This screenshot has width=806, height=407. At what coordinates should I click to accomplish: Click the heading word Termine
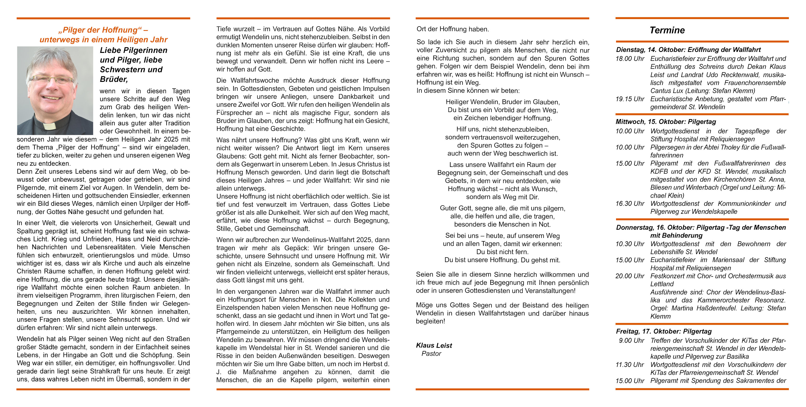(x=667, y=30)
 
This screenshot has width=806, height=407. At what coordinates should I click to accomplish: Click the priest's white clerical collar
(x=49, y=126)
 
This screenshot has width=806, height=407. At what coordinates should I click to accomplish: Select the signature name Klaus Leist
(x=434, y=345)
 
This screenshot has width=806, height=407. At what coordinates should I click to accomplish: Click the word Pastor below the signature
(x=431, y=353)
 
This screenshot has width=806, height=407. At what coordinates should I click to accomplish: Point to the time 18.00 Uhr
(x=630, y=58)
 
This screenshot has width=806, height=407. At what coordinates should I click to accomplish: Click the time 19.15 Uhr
(x=630, y=99)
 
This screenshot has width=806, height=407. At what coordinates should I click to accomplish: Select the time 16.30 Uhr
(x=630, y=203)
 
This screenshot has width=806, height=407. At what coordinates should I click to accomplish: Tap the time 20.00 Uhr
(x=630, y=276)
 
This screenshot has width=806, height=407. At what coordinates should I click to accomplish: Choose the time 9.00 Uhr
(x=631, y=340)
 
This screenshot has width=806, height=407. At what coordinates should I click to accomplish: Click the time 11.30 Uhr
(x=630, y=364)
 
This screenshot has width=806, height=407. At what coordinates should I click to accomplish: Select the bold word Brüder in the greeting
(x=114, y=79)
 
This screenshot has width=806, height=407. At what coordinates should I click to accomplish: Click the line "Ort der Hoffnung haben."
(x=452, y=29)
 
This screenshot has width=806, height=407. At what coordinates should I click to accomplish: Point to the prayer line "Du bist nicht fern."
(x=503, y=252)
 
